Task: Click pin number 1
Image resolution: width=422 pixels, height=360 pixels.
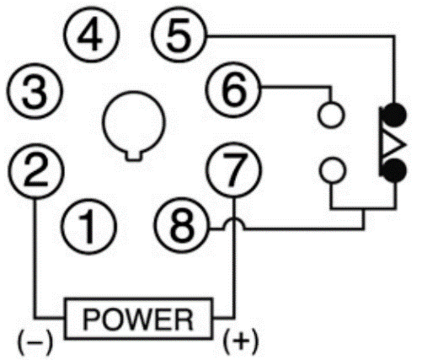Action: click(88, 227)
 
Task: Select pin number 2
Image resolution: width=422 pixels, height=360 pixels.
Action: click(36, 171)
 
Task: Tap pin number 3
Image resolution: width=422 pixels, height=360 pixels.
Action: click(35, 91)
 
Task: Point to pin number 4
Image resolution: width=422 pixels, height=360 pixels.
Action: click(92, 35)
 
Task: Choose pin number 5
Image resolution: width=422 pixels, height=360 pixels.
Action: click(179, 35)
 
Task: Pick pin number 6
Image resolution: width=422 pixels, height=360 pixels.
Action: click(233, 89)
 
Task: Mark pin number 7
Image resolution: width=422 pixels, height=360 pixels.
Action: click(234, 170)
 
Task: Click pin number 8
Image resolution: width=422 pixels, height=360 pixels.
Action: click(182, 225)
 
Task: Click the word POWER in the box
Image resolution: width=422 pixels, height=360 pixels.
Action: click(138, 320)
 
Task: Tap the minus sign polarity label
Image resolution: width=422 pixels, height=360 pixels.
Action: click(35, 341)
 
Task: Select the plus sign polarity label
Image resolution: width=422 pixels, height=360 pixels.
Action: click(240, 341)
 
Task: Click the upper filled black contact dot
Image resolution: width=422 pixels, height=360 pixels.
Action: click(395, 115)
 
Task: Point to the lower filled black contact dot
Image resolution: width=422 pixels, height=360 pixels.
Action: click(395, 170)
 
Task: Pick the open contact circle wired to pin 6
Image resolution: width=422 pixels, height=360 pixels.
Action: click(331, 116)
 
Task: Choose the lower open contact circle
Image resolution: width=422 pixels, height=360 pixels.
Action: click(333, 170)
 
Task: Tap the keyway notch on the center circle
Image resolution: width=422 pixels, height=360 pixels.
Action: click(133, 156)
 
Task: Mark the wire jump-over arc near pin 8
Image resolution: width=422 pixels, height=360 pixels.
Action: click(234, 223)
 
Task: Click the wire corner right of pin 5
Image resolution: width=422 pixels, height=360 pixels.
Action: click(395, 36)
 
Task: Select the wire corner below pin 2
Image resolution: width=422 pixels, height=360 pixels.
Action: click(35, 318)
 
